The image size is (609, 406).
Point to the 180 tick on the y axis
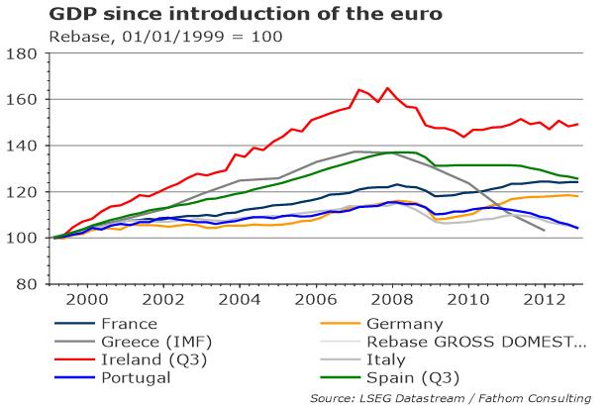point(22,53)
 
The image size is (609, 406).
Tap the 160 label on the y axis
point(22,100)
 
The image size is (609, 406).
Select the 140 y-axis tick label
point(22,146)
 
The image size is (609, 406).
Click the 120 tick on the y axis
point(22,192)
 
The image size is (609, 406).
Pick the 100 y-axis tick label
point(22,238)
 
